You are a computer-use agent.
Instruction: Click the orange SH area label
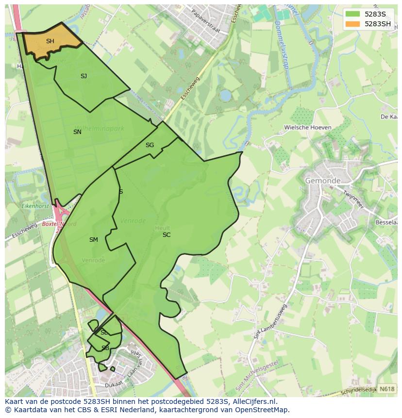pos(50,41)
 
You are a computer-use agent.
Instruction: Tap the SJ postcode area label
pos(84,76)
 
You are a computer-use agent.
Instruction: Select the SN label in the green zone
pos(77,132)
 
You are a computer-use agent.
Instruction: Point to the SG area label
pos(150,145)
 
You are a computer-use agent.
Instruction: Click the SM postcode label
pos(94,240)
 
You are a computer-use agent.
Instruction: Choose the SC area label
pos(167,235)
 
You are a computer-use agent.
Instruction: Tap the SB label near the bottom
pos(105,348)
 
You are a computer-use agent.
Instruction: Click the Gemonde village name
pos(323,181)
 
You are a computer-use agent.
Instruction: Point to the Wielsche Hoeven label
pos(308,128)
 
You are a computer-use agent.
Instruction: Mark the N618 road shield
pos(386,389)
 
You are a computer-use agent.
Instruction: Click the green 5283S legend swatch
pos(353,14)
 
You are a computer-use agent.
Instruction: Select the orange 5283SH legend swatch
pos(353,24)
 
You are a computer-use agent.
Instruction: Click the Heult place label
pos(162,227)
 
